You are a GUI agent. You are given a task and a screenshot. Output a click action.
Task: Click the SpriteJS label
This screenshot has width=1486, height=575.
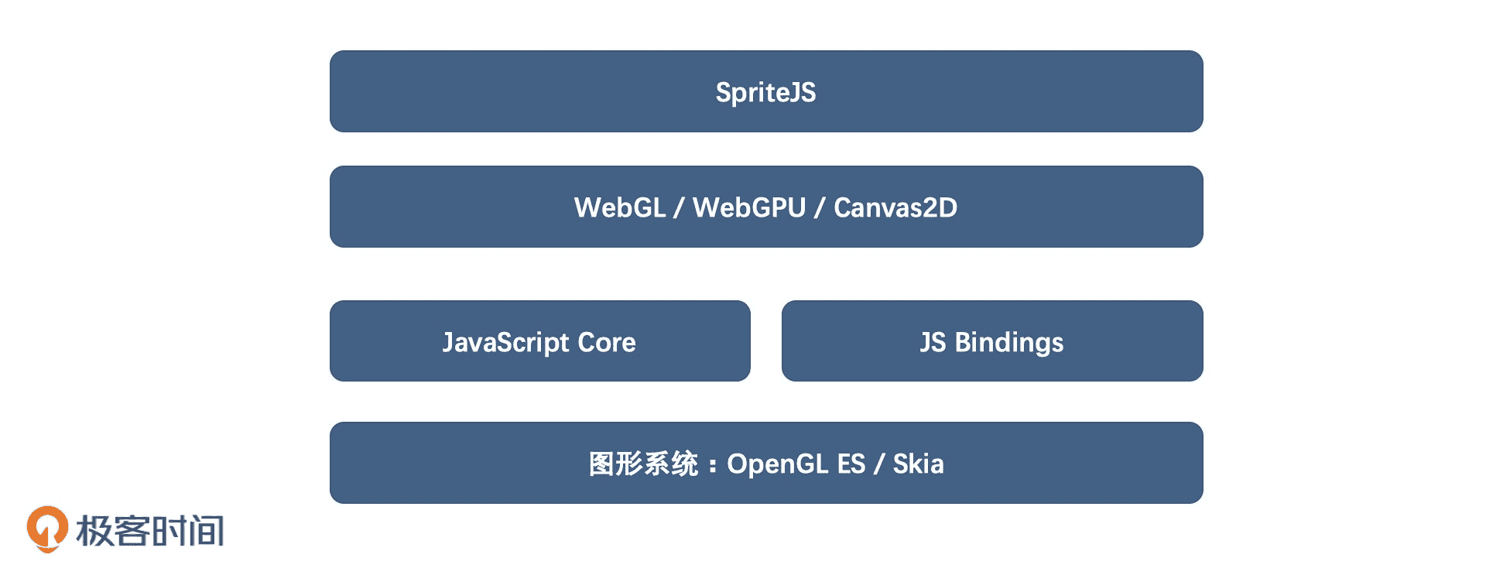point(765,93)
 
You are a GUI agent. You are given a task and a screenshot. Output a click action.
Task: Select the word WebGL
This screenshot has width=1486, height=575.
point(619,207)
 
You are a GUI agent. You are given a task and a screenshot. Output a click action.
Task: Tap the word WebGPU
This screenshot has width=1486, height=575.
point(749,207)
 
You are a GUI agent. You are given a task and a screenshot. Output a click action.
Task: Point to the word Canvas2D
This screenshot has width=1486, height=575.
point(895,207)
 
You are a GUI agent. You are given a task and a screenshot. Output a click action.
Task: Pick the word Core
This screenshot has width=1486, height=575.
point(607,342)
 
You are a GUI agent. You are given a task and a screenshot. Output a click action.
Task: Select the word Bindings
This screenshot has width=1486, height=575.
point(1009,343)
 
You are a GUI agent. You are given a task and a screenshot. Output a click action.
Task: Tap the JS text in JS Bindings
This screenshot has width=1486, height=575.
point(933,342)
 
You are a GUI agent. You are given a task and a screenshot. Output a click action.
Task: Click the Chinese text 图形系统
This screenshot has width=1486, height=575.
point(643,464)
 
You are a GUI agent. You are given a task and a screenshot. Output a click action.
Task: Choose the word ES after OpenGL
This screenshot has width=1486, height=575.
point(851,464)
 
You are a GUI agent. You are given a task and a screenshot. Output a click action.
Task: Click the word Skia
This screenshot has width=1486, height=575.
point(918,464)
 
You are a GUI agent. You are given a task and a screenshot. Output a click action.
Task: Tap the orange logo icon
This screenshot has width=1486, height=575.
point(47,529)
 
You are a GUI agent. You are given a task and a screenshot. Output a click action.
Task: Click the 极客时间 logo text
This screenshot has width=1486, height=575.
point(150,531)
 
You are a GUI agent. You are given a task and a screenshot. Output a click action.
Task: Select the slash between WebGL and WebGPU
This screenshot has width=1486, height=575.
point(679,207)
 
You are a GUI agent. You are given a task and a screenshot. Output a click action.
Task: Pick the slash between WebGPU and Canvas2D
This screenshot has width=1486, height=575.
point(820,207)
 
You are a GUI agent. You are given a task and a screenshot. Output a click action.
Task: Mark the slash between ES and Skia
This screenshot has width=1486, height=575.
point(879,464)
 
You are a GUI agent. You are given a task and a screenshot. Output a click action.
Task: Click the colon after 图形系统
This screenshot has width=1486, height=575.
point(712,465)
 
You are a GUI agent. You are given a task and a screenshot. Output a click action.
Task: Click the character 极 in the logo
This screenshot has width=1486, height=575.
point(94,531)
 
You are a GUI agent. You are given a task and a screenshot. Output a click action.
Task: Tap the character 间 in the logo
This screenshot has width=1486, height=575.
point(206,531)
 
